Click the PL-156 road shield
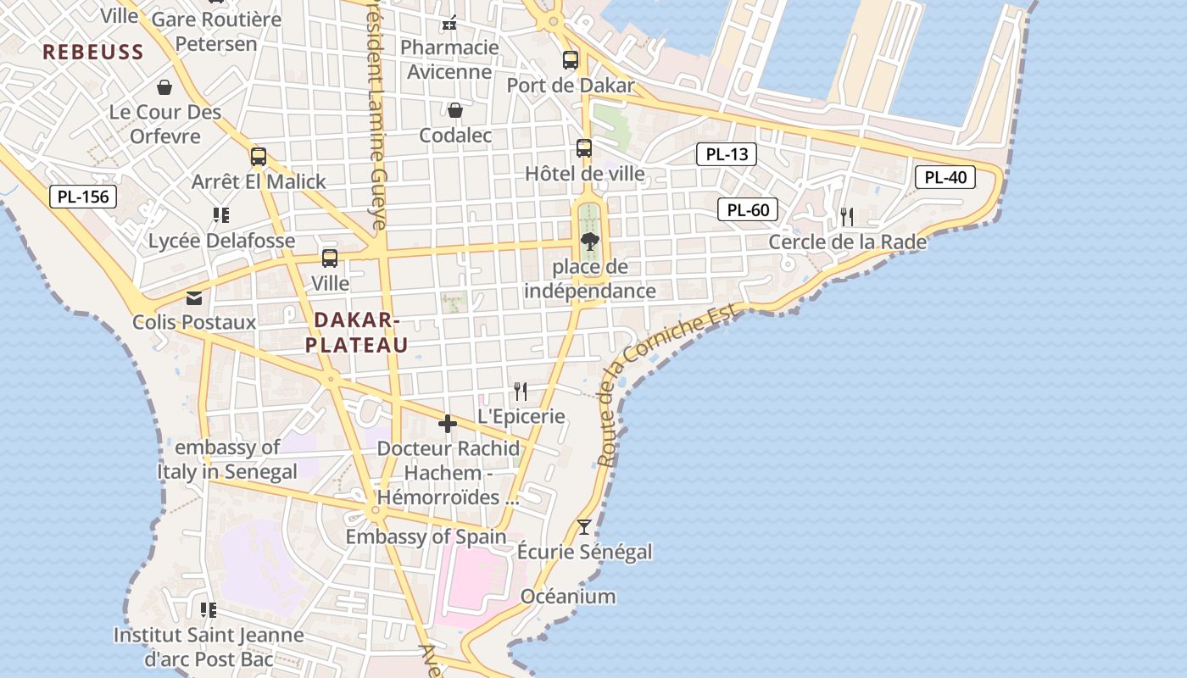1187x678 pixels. tap(83, 197)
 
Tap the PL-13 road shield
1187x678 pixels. tap(727, 154)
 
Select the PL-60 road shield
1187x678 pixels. tap(748, 209)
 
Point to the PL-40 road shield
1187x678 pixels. tap(945, 177)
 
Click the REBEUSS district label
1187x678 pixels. tap(93, 52)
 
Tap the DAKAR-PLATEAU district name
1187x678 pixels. tap(356, 332)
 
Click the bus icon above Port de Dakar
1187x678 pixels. tap(571, 60)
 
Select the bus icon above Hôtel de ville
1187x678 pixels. tap(584, 148)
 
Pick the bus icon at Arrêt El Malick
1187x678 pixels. tap(259, 157)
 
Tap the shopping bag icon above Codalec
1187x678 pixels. tap(455, 110)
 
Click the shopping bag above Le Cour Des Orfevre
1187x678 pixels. tap(164, 87)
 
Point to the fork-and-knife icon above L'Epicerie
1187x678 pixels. tap(521, 391)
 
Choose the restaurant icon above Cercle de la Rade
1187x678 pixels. tap(846, 217)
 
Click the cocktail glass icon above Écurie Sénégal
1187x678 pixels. tap(584, 527)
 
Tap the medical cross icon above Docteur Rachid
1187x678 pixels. tap(448, 424)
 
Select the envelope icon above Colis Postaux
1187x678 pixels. tap(194, 297)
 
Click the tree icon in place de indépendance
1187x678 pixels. tap(589, 242)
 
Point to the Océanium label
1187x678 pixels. tap(568, 596)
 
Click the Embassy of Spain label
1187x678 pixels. tap(426, 536)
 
